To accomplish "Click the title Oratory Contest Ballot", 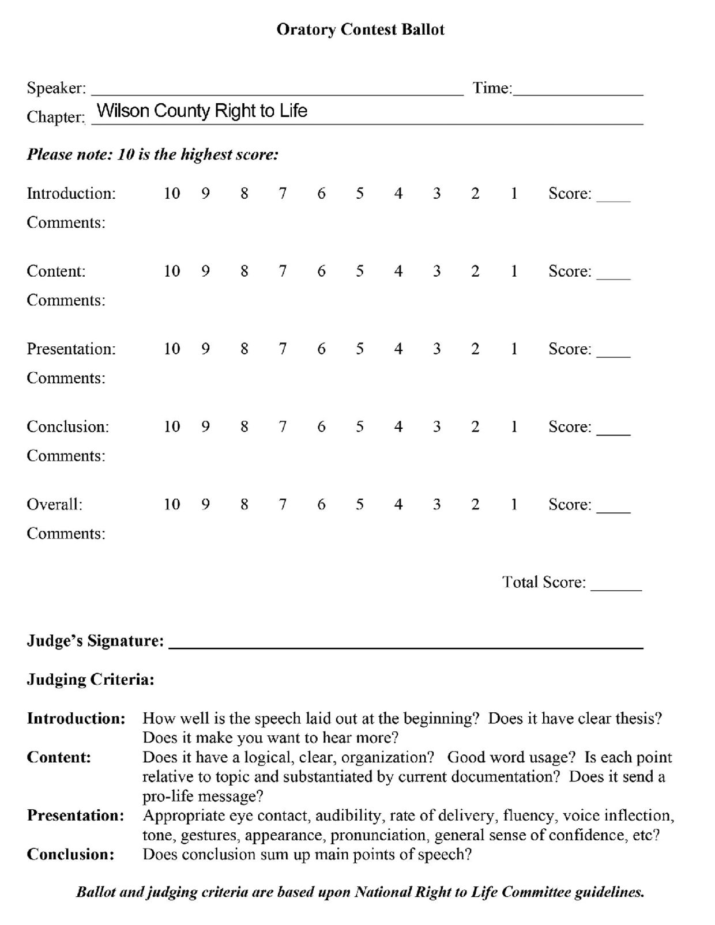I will [x=360, y=29].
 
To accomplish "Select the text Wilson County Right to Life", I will [x=202, y=111].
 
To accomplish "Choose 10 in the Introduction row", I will [x=172, y=194].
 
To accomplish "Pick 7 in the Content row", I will [x=283, y=271].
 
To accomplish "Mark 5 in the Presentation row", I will [x=360, y=349].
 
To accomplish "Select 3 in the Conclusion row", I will [x=436, y=427].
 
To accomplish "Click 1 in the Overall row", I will [x=514, y=505].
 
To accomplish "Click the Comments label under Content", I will [x=66, y=300].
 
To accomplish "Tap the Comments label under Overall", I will [x=66, y=534].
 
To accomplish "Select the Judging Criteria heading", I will [x=91, y=679].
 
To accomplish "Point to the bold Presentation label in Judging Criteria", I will [x=76, y=815].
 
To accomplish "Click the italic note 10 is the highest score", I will [x=153, y=154].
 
